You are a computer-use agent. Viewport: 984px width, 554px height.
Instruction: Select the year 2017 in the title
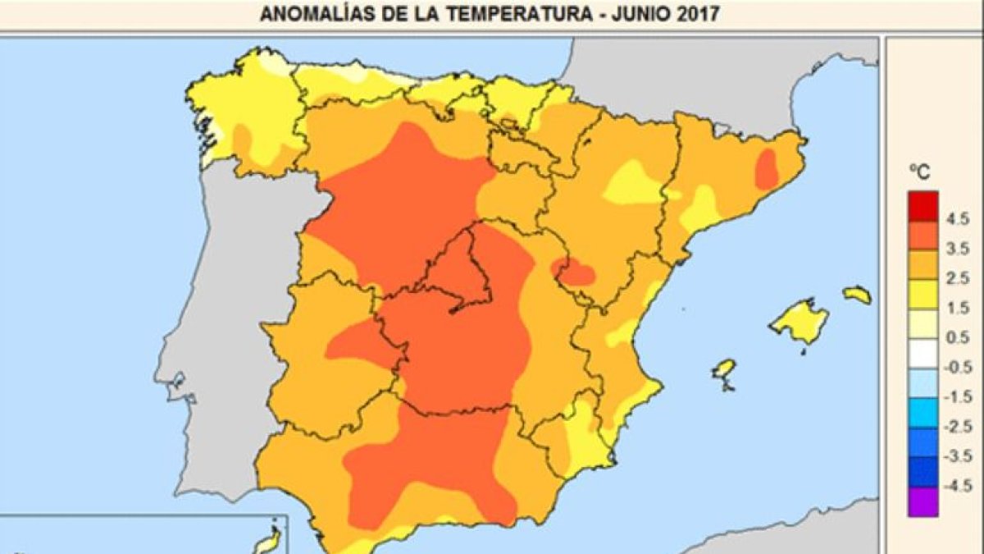[x=675, y=14]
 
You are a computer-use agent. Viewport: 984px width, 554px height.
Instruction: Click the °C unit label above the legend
[x=922, y=173]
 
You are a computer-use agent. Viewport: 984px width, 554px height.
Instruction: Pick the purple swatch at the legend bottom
[x=922, y=501]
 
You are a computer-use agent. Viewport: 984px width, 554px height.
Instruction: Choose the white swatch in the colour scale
[x=922, y=354]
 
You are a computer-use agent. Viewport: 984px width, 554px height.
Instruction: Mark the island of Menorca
[x=857, y=294]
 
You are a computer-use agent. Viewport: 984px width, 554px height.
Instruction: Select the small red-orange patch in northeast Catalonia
[x=766, y=172]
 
